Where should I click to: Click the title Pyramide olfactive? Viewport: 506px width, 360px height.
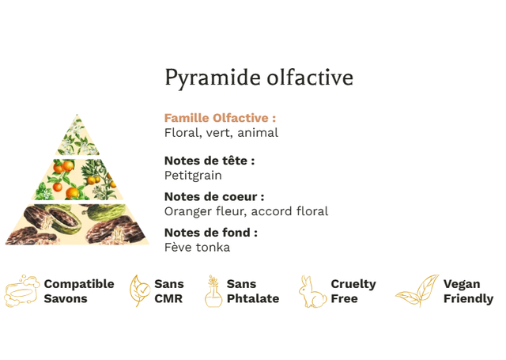[259, 78]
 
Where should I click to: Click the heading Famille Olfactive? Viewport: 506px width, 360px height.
[220, 118]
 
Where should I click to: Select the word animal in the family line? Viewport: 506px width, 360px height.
[258, 133]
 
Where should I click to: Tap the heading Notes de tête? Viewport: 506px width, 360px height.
[210, 161]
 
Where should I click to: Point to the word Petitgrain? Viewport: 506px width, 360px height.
[193, 176]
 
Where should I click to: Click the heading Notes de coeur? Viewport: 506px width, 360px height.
[214, 196]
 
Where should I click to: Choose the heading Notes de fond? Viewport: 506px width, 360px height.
[211, 233]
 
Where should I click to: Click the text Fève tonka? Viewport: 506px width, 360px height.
[197, 248]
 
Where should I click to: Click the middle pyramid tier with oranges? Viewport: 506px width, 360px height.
[77, 180]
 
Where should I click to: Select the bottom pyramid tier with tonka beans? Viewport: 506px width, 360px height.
[77, 224]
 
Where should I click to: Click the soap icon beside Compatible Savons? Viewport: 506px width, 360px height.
[21, 291]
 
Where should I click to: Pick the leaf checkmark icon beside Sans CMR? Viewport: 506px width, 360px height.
[139, 290]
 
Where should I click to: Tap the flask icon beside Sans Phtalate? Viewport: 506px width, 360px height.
[213, 291]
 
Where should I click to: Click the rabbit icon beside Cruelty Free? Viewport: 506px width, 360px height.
[312, 291]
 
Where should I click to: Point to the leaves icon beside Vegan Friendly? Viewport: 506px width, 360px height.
[417, 290]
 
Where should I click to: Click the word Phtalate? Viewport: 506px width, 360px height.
[253, 298]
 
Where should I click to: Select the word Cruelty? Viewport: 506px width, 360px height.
[353, 285]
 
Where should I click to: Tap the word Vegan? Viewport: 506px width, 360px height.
[462, 285]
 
